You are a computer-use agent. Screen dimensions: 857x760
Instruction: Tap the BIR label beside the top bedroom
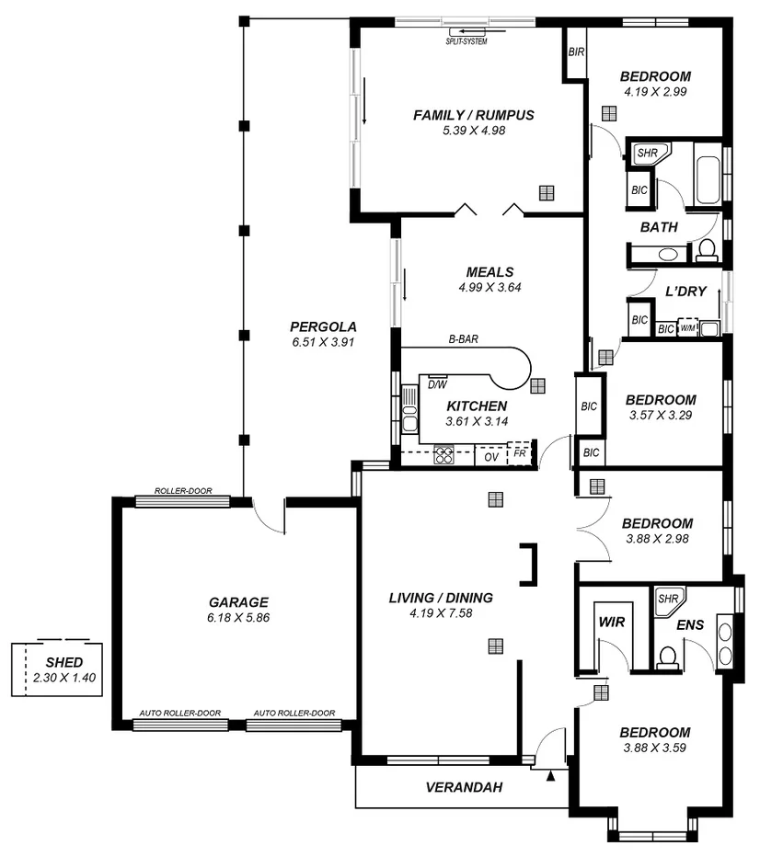tap(576, 52)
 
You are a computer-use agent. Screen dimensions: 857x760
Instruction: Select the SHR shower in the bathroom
tap(647, 154)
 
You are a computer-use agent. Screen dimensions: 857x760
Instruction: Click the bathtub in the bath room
tap(708, 179)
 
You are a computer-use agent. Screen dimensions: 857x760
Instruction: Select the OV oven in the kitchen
tap(491, 456)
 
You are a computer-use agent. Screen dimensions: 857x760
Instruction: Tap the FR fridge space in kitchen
tap(521, 454)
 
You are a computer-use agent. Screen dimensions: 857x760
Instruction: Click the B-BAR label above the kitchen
tap(463, 340)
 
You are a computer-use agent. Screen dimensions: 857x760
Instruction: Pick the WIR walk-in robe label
tap(612, 623)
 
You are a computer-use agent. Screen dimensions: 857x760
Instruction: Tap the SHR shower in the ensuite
tap(665, 599)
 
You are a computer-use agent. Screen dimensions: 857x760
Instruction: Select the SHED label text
tap(64, 662)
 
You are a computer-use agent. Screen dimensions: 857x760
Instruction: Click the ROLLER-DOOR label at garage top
tap(183, 491)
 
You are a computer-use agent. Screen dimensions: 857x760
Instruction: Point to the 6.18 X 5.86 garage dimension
tap(238, 618)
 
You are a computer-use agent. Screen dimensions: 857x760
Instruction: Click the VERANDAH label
tap(463, 787)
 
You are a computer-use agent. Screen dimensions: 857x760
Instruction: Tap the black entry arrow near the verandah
tap(551, 777)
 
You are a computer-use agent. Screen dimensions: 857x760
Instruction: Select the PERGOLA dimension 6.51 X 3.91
tap(323, 341)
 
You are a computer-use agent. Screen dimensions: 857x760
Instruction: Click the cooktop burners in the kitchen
tap(445, 454)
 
